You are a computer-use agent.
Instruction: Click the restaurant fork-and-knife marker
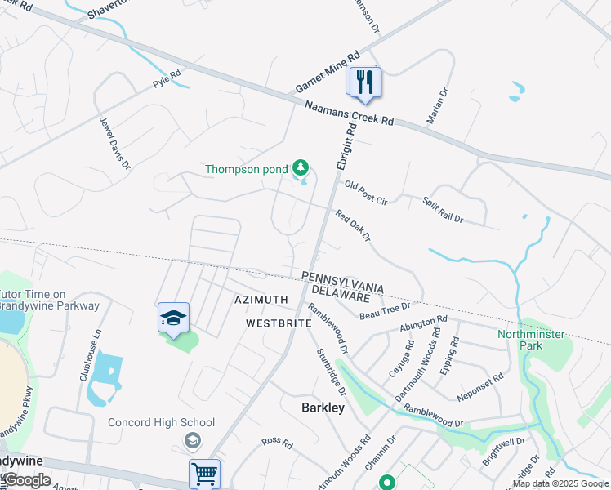click(364, 82)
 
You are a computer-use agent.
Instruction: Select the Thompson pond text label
click(246, 170)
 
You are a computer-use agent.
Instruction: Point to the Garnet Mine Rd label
click(328, 73)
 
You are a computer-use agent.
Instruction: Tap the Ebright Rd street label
click(347, 147)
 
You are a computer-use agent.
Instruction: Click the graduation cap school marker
click(173, 318)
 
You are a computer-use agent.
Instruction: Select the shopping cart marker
click(204, 474)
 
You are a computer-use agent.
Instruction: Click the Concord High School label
click(162, 422)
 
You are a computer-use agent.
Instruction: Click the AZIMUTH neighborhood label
click(261, 300)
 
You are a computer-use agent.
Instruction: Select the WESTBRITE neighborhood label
click(279, 323)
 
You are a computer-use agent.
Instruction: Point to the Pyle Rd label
click(167, 78)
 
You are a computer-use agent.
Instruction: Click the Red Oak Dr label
click(353, 225)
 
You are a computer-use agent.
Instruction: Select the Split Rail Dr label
click(443, 210)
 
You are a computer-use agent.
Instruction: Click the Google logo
click(26, 480)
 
